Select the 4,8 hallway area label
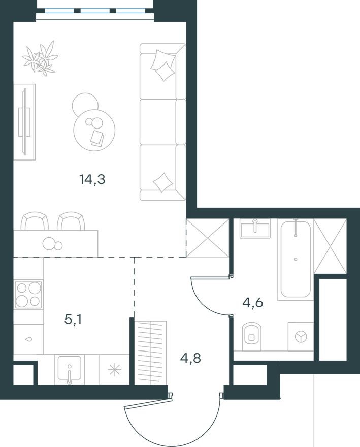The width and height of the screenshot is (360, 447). click(x=190, y=358)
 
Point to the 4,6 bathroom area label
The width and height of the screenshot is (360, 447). click(x=253, y=303)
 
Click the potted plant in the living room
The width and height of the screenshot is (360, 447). click(x=41, y=58)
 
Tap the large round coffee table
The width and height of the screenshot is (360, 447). click(x=94, y=129)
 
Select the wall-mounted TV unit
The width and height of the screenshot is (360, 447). click(x=24, y=122)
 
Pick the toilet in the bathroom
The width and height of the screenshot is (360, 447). click(x=251, y=335)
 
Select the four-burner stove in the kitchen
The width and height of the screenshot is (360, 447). click(x=28, y=294)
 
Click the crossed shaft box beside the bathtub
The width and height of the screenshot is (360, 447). click(x=330, y=245)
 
